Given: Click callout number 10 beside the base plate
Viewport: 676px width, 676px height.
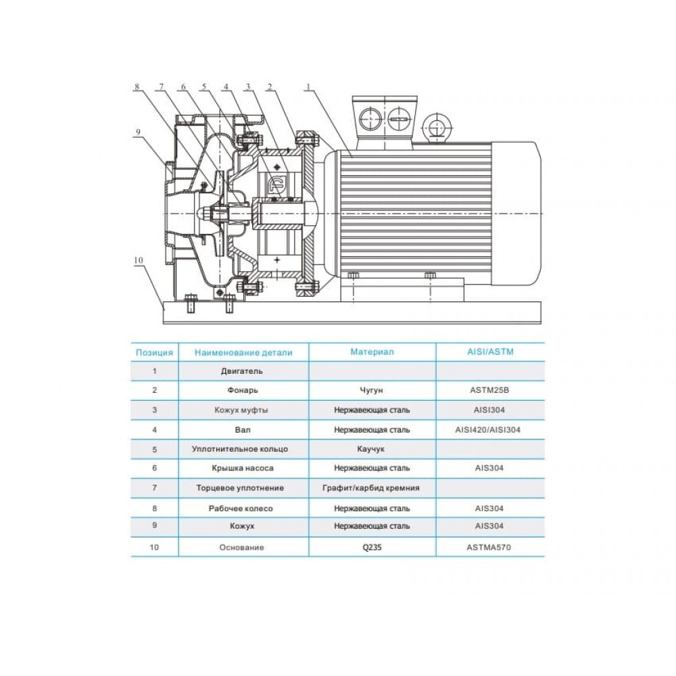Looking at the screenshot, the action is point(139,260).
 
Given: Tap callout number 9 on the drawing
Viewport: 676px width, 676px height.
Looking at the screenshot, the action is point(138,132).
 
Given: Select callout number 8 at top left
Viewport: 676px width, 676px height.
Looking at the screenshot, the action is point(137,87).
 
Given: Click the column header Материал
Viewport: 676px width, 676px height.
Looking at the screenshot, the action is point(372,352).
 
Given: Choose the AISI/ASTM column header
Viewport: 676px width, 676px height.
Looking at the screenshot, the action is point(491,352).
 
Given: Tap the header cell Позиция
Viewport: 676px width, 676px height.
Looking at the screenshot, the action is point(154,353).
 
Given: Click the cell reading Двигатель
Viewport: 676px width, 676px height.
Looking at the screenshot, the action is point(242,371).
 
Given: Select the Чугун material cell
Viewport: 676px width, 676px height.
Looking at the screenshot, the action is point(371,390).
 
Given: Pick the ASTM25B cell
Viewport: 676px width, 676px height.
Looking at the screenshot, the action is point(489,390).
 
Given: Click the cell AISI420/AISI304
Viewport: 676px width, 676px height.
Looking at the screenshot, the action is point(487,430).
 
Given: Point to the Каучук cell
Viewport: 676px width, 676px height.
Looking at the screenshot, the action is point(370,450).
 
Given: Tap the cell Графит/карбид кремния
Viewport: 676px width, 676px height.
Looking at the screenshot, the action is point(371,488).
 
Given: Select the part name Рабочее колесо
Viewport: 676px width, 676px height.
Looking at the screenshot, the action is point(241,509).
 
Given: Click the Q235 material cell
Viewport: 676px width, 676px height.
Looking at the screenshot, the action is point(372,548).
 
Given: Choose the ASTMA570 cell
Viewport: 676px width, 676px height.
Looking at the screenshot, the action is point(489,548).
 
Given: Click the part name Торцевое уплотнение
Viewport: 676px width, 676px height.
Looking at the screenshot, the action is point(240,488).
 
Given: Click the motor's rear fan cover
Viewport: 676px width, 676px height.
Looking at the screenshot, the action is point(516,214).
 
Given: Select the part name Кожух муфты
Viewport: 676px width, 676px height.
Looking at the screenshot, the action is point(241,410).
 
